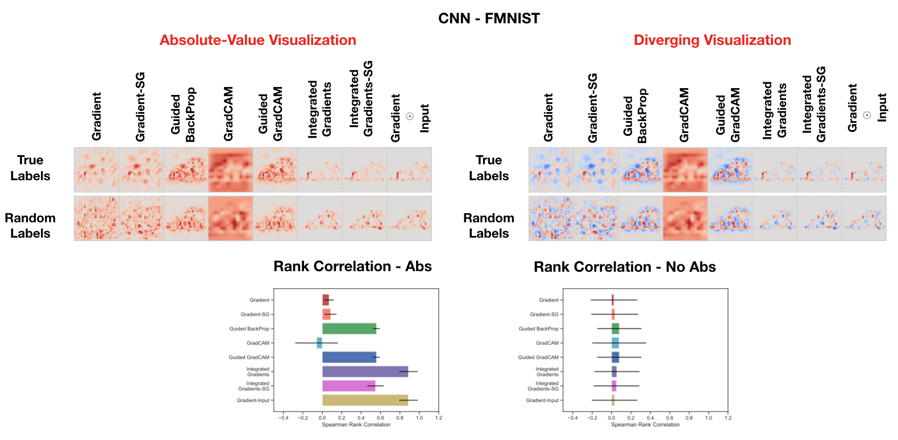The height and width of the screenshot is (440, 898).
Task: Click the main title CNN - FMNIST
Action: [489, 18]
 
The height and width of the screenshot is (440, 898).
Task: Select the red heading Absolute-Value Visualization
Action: [257, 40]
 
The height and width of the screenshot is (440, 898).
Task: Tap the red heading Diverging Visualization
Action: [712, 40]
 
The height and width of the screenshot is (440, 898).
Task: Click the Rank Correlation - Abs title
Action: [352, 267]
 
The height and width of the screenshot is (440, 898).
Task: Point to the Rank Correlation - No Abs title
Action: [625, 267]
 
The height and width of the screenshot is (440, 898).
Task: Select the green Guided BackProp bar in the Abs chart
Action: [349, 329]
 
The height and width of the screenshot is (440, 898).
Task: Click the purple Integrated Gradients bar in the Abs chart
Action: [365, 372]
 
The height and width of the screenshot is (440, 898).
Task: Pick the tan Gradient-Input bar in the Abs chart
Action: [365, 400]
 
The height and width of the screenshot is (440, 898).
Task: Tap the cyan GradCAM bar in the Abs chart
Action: [319, 343]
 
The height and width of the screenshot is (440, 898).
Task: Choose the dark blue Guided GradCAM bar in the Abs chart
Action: [349, 358]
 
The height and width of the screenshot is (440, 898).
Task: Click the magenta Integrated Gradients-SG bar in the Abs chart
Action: [348, 386]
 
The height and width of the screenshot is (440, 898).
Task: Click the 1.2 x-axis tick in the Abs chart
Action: [438, 418]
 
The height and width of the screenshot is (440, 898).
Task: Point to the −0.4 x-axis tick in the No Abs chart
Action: [573, 418]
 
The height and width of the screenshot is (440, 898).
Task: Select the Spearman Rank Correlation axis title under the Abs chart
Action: [356, 425]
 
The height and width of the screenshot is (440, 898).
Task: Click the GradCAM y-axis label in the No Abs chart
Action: [547, 343]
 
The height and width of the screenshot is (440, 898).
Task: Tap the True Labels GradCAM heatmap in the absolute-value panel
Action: [230, 170]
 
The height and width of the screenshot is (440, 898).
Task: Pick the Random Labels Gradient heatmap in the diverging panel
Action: [551, 218]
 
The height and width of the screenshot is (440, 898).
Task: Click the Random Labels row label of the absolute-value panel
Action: [30, 226]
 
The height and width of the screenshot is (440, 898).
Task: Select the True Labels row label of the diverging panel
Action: [489, 168]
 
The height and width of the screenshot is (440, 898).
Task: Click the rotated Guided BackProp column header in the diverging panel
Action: [635, 115]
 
